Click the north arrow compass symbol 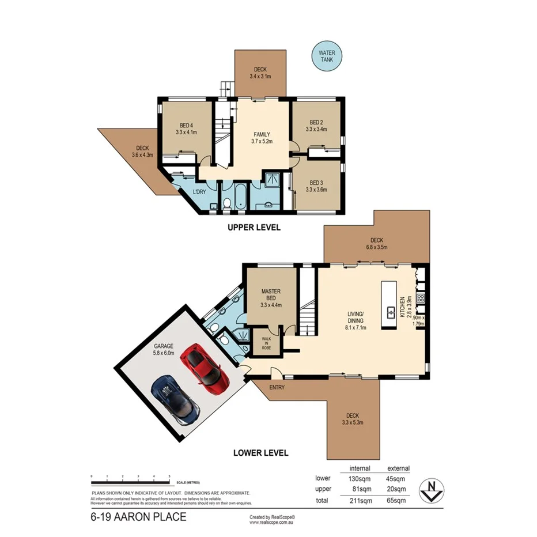click(431, 490)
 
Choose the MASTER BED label click(270, 295)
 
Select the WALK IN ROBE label click(266, 343)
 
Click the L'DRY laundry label click(199, 192)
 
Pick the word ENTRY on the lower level click(277, 387)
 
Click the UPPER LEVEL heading click(254, 228)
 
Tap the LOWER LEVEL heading click(260, 453)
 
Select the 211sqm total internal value click(360, 500)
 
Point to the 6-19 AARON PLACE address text click(138, 517)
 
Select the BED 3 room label click(317, 185)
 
